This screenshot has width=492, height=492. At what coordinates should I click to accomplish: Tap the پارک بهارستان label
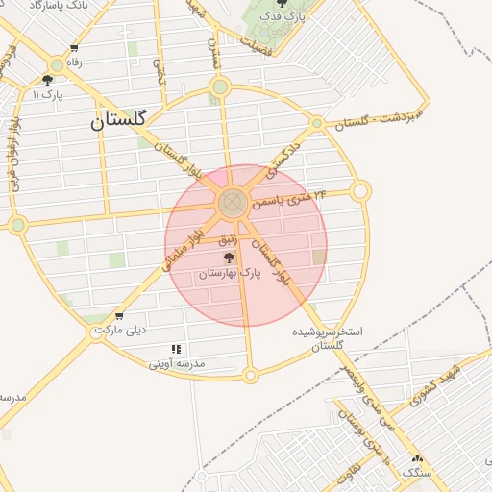coord(230,275)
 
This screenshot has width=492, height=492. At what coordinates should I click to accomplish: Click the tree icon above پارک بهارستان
coord(229,258)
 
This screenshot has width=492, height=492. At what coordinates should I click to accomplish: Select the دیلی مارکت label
coord(120,332)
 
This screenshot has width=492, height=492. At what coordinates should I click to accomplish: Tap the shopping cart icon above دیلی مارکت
coord(119,316)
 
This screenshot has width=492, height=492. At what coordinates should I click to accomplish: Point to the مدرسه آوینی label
coord(177,365)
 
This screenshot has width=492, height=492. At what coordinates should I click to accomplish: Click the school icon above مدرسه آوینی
coord(176,349)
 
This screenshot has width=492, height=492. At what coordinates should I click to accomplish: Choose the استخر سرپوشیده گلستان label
coord(328,338)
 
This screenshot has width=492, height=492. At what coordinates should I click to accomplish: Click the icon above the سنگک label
coord(417,459)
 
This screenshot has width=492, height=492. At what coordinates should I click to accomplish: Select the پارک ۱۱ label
coord(47,94)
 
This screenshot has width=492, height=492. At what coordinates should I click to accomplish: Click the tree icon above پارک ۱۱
coord(47,80)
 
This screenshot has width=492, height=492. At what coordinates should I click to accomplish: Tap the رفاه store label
coord(73,62)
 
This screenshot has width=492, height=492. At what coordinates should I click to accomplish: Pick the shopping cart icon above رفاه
coord(74,48)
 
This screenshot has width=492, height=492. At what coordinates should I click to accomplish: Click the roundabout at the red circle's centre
coord(231,203)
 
